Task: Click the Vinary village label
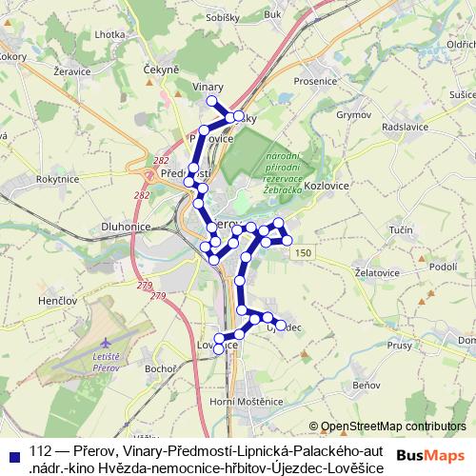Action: coord(208,86)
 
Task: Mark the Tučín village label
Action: coord(402,230)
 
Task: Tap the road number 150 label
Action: coord(303,251)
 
